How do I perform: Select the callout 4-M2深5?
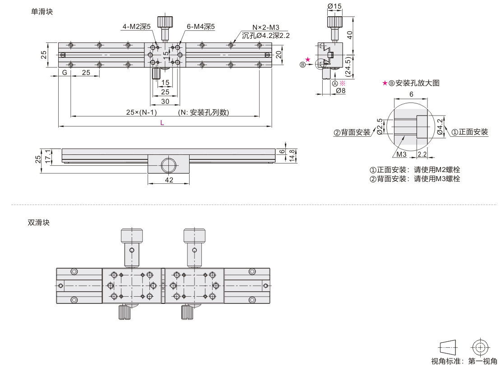click(137, 27)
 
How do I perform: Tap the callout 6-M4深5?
click(200, 27)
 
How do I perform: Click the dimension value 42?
click(168, 180)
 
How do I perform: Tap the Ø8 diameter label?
click(341, 91)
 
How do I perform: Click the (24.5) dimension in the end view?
click(348, 66)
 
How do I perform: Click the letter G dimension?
click(65, 73)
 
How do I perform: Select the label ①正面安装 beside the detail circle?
click(469, 132)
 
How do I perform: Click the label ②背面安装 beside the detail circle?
click(352, 132)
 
